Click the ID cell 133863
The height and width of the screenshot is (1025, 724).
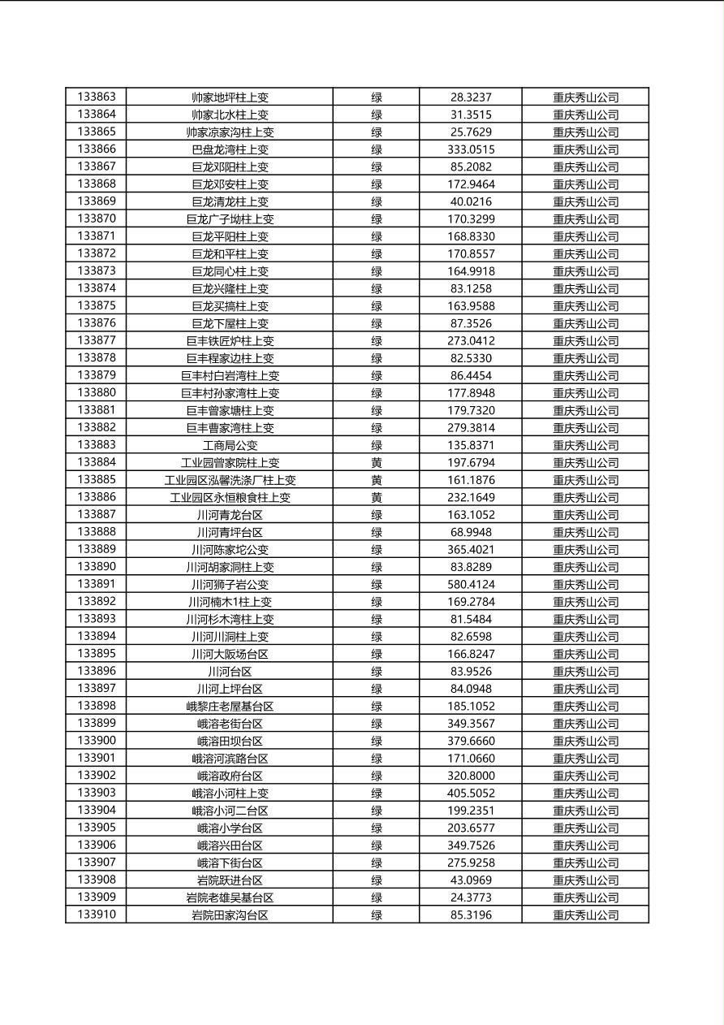click(x=97, y=97)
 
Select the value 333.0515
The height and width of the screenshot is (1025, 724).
click(x=471, y=149)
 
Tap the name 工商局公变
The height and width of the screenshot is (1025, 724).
click(x=230, y=445)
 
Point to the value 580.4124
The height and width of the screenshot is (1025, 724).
click(x=471, y=584)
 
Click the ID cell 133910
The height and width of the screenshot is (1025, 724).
click(x=97, y=915)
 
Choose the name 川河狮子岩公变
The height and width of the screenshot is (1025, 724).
click(x=230, y=584)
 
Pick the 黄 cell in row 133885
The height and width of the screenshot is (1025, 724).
click(x=377, y=480)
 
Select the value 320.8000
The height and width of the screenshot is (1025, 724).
click(x=471, y=776)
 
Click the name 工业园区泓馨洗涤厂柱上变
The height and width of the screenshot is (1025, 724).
click(x=230, y=480)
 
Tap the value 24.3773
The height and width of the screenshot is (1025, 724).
click(x=471, y=897)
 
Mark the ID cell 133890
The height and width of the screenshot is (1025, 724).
click(x=97, y=567)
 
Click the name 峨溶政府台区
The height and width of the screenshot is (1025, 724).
click(x=230, y=776)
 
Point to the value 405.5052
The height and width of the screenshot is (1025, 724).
click(x=471, y=793)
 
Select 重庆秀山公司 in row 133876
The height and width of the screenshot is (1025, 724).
click(x=585, y=323)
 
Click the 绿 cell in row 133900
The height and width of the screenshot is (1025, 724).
click(x=377, y=741)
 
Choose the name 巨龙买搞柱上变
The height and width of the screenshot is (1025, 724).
click(x=230, y=306)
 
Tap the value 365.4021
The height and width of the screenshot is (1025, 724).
click(x=471, y=550)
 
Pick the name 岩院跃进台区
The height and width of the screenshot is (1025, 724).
click(x=230, y=880)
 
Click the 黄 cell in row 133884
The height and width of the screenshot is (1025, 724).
click(x=377, y=462)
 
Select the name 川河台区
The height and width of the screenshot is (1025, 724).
click(x=230, y=671)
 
